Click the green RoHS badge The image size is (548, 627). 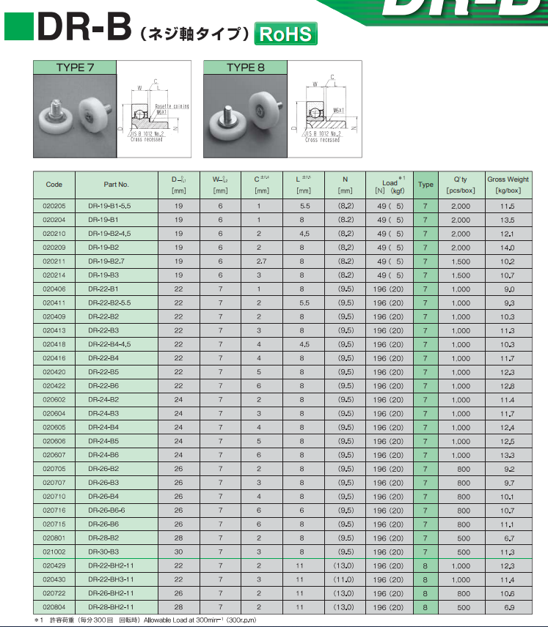point(285,34)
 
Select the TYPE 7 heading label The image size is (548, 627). point(76,68)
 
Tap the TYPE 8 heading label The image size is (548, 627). point(245,68)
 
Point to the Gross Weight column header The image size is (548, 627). point(508,184)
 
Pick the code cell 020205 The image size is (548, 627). point(54,206)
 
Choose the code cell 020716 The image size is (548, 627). point(54,510)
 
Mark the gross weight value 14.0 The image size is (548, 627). point(508,248)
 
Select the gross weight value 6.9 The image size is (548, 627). point(508,607)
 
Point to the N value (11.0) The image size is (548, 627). point(346,579)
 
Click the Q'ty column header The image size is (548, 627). point(461,184)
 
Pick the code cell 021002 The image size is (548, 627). point(54,552)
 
